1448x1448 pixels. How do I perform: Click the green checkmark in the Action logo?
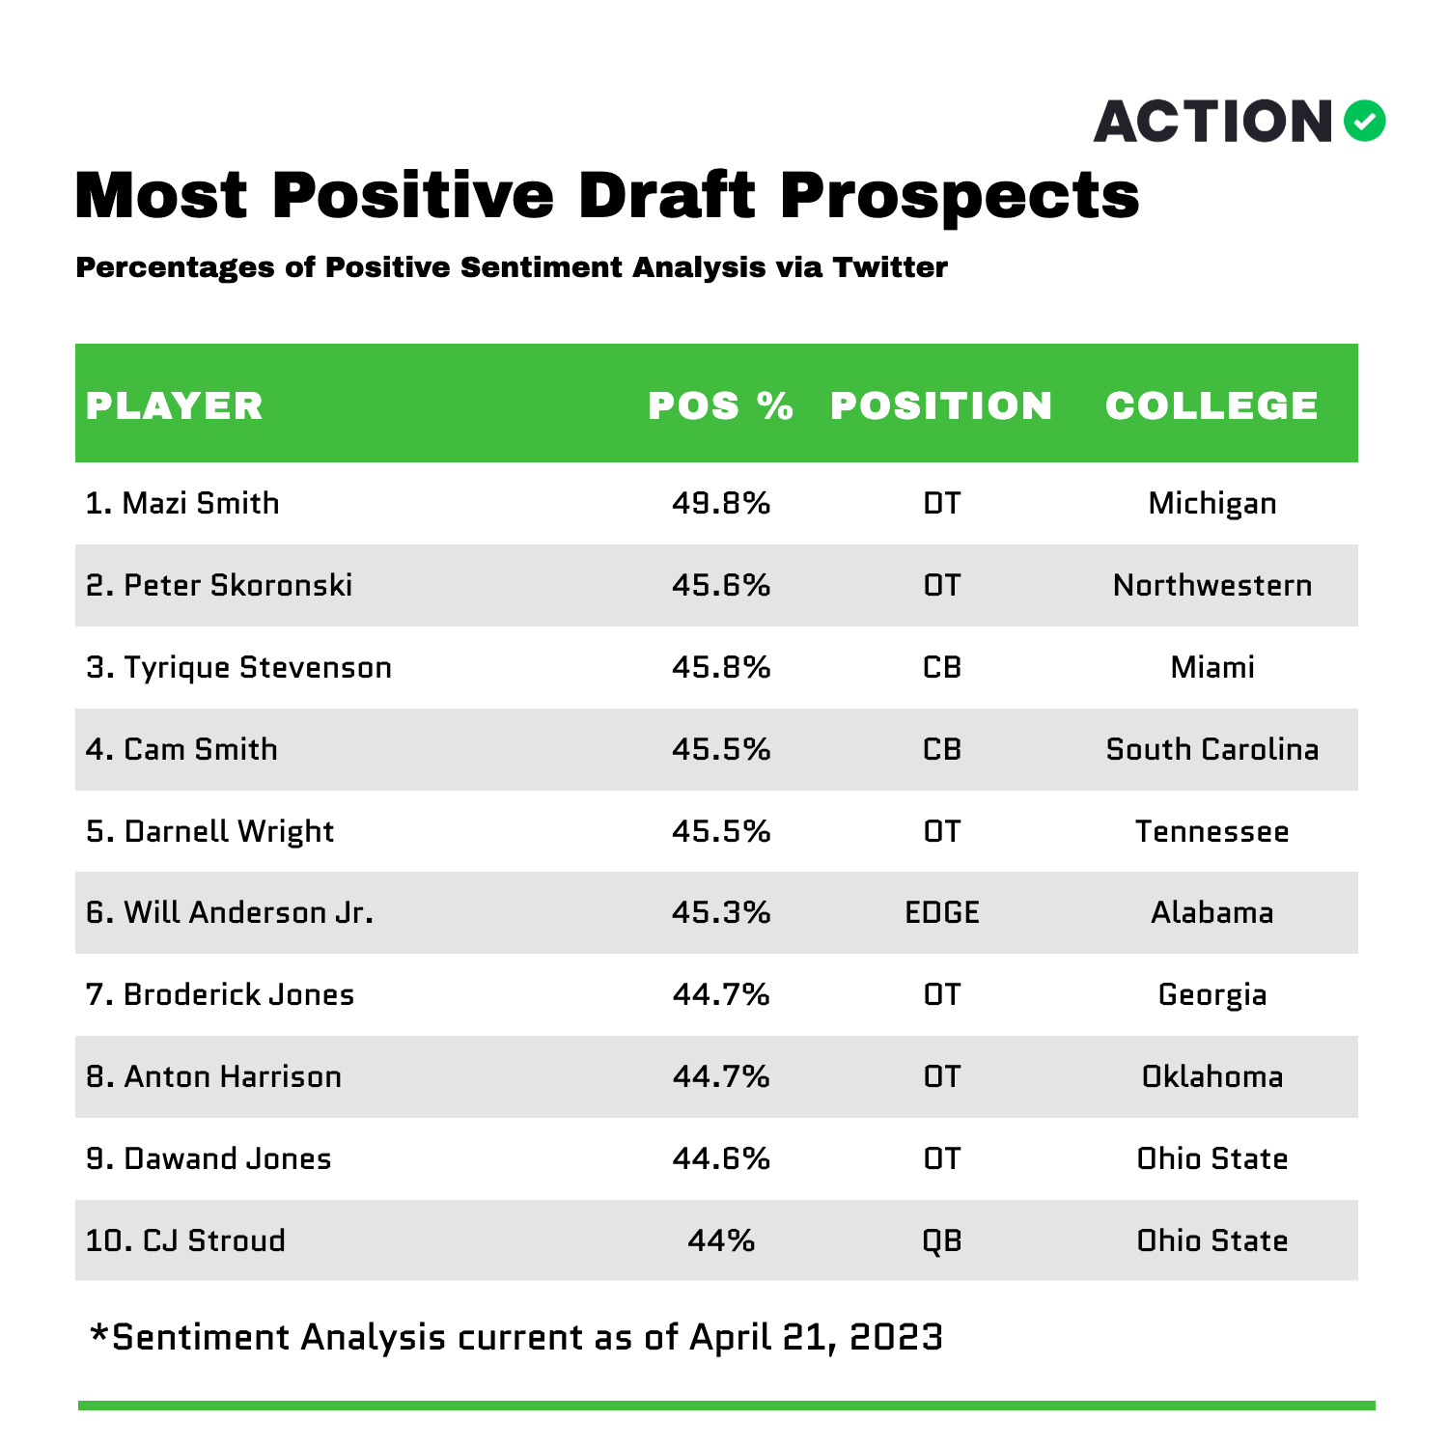1364,122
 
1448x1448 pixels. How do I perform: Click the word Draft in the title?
667,195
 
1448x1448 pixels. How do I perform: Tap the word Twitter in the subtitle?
890,267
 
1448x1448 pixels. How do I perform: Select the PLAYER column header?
175,405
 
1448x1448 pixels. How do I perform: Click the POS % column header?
721,405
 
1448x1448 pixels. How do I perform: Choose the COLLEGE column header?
1211,405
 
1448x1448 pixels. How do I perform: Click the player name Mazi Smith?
201,503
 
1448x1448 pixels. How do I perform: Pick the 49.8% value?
721,503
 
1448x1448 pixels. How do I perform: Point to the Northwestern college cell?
1212,585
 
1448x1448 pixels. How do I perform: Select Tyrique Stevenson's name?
258,668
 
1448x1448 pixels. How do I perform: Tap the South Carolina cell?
1212,749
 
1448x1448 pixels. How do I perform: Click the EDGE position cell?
942,912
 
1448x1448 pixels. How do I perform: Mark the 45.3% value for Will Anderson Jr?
721,912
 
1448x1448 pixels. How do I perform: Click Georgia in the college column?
1212,995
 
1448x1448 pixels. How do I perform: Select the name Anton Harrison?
233,1076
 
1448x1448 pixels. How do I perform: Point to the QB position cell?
942,1240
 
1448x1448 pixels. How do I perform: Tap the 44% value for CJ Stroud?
721,1240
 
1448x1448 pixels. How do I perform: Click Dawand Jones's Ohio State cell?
1212,1158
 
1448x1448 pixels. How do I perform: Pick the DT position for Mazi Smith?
942,503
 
